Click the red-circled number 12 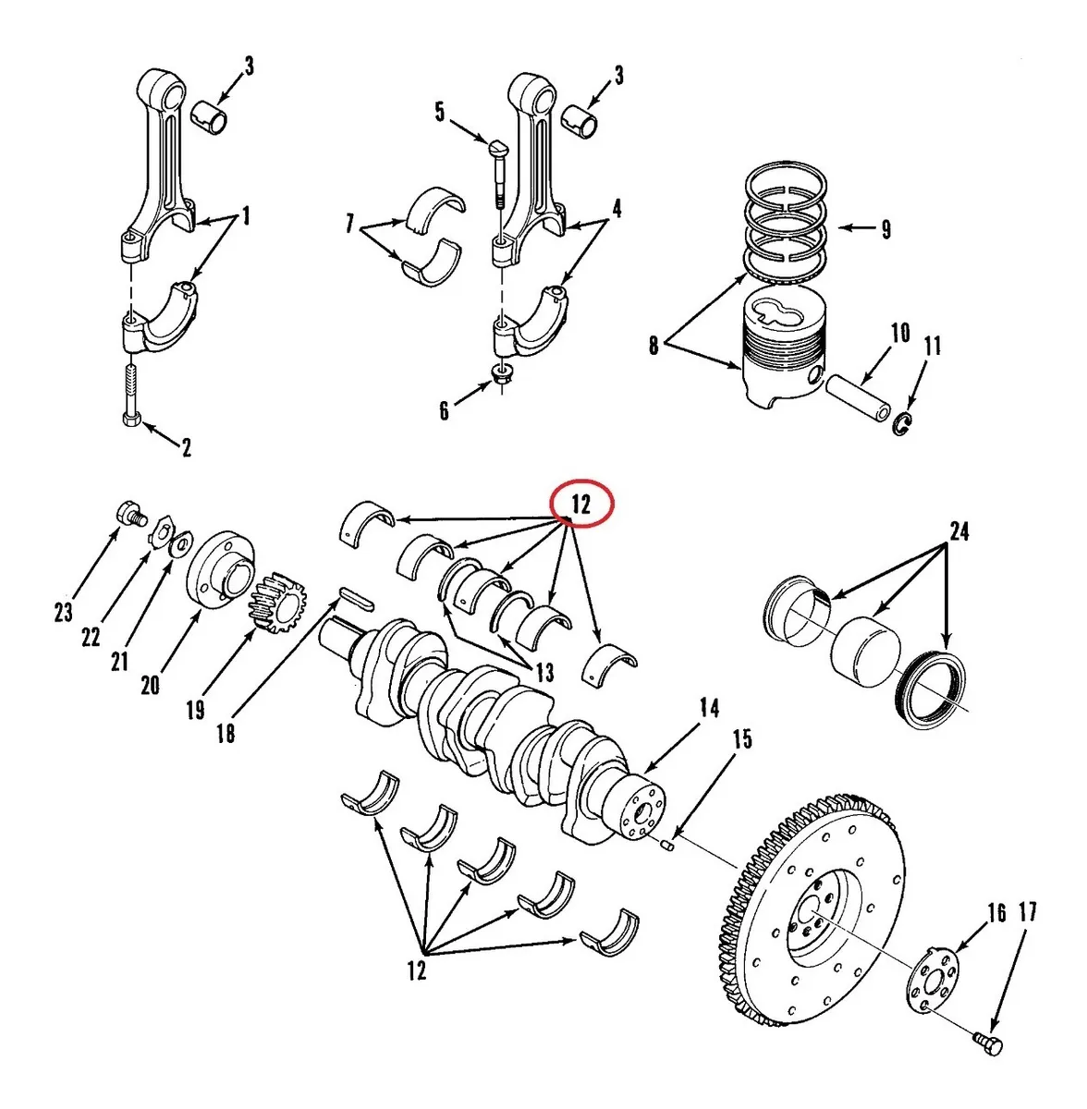click(x=581, y=505)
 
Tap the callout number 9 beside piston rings click(x=885, y=229)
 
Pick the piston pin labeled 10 click(x=858, y=397)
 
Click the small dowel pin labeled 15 click(x=672, y=843)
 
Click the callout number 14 click(x=709, y=709)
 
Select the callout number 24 click(x=959, y=531)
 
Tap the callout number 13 click(x=544, y=672)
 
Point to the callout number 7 click(x=350, y=224)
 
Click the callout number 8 click(x=653, y=347)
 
